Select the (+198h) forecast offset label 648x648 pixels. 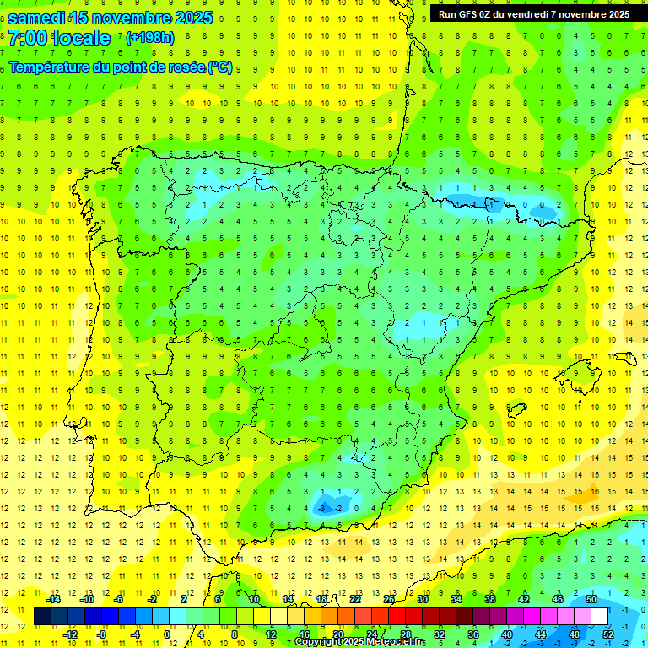(149, 38)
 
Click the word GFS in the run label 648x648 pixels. (472, 14)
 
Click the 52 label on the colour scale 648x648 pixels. (608, 634)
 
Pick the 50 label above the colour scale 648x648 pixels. (591, 599)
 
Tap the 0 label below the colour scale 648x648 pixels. (167, 634)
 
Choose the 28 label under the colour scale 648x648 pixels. (406, 634)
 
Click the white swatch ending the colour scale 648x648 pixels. (599, 616)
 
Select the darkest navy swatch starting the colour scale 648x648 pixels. (42, 616)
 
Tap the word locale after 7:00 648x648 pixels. (80, 38)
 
